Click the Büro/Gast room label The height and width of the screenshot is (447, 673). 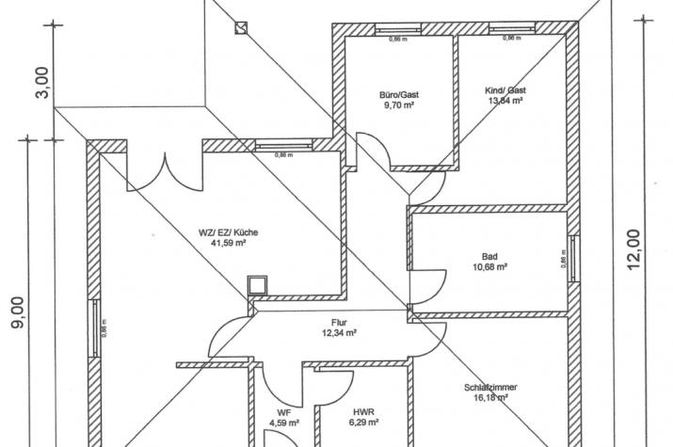pos(399,95)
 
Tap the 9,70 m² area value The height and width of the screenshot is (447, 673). pos(399,106)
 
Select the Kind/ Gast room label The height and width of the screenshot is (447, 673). pos(505,90)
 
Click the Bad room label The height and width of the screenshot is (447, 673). pos(489,256)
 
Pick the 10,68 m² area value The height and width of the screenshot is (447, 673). pos(489,267)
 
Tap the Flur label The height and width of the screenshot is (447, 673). pos(339,321)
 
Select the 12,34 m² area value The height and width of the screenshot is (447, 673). pos(339,332)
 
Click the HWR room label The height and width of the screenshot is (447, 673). pos(361,412)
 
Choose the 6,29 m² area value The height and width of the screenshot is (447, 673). pos(361,423)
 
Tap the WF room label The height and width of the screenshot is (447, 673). pos(283,412)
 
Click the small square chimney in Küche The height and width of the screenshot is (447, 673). pos(256,285)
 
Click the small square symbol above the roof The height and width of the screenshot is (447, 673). pos(241,27)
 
